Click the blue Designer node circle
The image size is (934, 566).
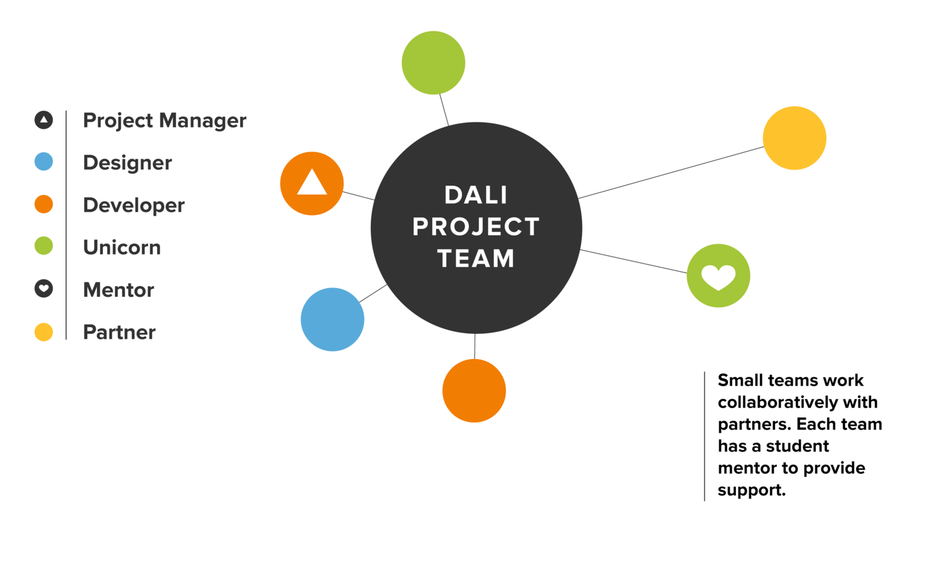pos(332,319)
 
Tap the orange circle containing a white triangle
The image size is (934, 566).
pos(312,184)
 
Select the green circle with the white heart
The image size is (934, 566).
pos(718,275)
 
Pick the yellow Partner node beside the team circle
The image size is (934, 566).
pos(794,138)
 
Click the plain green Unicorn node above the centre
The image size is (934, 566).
pos(433,63)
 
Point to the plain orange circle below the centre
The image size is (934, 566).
pos(474,391)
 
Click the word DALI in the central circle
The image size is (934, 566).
pos(476,195)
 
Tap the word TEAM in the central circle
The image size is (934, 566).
pos(476,258)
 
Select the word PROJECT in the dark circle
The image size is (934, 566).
pos(476,226)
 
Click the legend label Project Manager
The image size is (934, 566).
pos(164,120)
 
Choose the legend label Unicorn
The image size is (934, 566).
pos(121,247)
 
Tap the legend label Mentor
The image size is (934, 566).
pos(118,290)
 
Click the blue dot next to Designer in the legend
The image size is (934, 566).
pos(43,162)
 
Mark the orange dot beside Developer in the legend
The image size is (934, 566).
pos(43,204)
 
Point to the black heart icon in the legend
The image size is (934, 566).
pos(43,289)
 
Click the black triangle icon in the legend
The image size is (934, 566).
pos(43,119)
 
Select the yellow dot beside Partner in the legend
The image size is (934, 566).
pos(43,331)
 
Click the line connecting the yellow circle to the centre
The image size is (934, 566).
pos(671,172)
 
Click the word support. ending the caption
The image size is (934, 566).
pos(752,490)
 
